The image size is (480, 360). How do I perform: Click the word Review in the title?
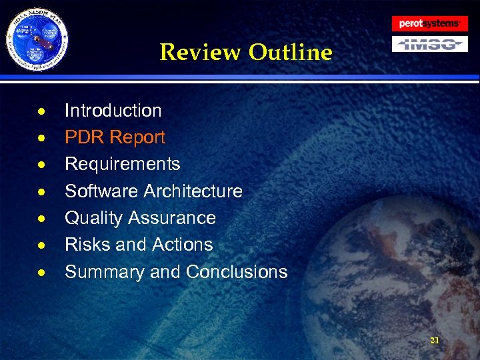coord(201,52)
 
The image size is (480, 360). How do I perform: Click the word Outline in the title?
coord(290,52)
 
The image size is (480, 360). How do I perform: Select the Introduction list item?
coord(113,111)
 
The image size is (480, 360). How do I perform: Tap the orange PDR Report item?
coord(115,137)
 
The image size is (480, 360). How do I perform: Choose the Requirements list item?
coord(122,164)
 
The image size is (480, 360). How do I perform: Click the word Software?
coord(101,191)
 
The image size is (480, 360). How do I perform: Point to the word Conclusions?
coord(237,272)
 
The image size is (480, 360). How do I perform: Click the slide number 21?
coord(435,341)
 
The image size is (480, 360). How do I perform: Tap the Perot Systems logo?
coord(429,24)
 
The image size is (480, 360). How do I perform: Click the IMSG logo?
coord(429,44)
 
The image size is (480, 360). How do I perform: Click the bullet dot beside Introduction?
coord(41,111)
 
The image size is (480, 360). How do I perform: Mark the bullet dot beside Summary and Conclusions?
coord(41,273)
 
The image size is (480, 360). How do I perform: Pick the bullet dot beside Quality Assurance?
coord(41,219)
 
